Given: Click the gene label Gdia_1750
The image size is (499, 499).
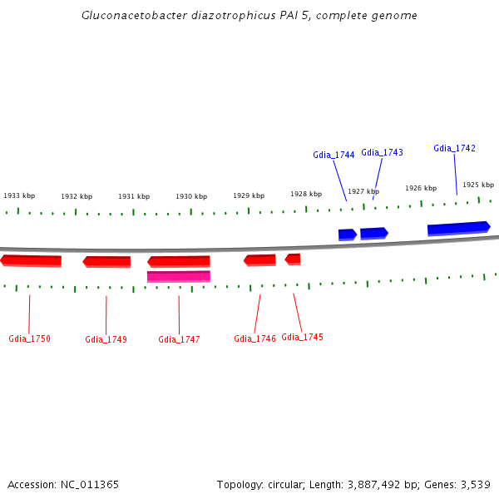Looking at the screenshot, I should [29, 338].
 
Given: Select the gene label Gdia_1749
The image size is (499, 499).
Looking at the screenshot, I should [106, 339].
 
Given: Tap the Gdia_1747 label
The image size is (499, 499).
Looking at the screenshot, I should [179, 339].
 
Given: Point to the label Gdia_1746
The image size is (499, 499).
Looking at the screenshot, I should [254, 338].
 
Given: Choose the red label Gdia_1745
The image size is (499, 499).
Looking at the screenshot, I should [302, 337].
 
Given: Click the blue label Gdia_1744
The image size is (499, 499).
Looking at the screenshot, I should [333, 155].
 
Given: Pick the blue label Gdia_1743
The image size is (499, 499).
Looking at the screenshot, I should [382, 152].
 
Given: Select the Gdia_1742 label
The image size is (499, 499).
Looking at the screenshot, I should [454, 148].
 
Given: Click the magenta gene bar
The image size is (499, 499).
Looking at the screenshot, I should [179, 276].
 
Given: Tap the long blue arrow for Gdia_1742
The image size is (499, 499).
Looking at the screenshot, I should [458, 228].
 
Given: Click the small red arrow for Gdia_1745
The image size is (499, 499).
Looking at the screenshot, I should [293, 259].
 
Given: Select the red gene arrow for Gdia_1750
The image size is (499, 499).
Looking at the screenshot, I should [31, 261].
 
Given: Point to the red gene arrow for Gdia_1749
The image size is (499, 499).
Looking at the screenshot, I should [106, 262].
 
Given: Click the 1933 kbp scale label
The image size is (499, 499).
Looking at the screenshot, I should [19, 195].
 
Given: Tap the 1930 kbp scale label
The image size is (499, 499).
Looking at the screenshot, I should [191, 196].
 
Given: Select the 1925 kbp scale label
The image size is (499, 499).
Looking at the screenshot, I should [478, 185].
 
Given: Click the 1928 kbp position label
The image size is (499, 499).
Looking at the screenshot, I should [306, 194].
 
